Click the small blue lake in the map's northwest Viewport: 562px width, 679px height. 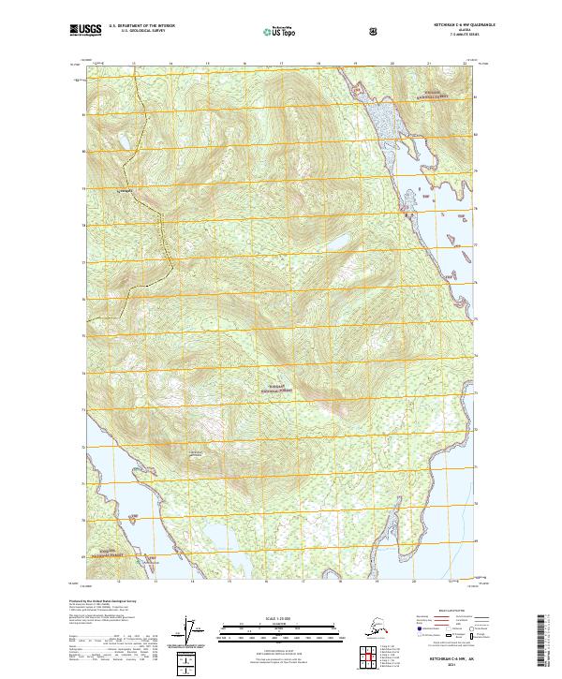pos(120,143)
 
